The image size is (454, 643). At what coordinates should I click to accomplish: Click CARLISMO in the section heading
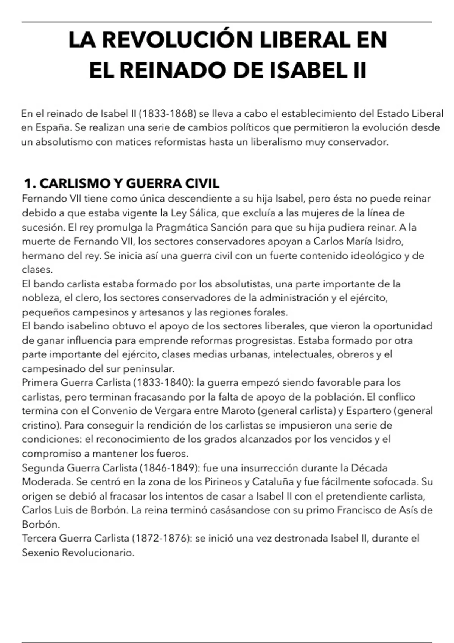click(x=74, y=184)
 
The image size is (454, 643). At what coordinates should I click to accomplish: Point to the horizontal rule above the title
click(x=227, y=22)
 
